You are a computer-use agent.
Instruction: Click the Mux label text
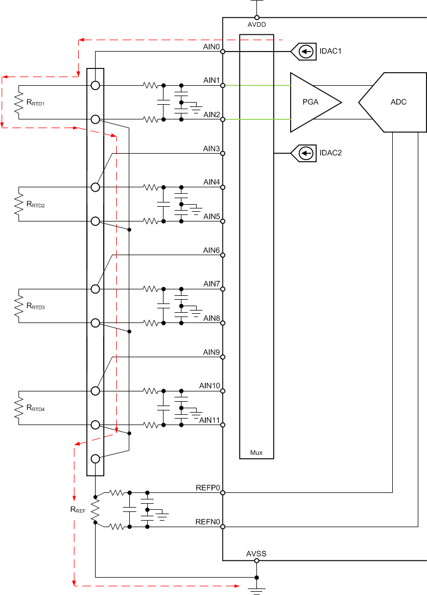pyautogui.click(x=256, y=452)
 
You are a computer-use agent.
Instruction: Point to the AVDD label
pyautogui.click(x=257, y=24)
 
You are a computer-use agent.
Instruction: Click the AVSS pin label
pyautogui.click(x=256, y=554)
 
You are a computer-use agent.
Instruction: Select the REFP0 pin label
pyautogui.click(x=208, y=488)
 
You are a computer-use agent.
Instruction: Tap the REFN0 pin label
pyautogui.click(x=208, y=522)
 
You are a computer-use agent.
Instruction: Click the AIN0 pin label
pyautogui.click(x=211, y=47)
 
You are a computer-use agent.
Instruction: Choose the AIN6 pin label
pyautogui.click(x=211, y=250)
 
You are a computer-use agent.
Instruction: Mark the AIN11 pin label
pyautogui.click(x=210, y=420)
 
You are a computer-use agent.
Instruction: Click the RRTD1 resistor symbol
pyautogui.click(x=19, y=102)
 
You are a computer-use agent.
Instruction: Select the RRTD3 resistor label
pyautogui.click(x=36, y=306)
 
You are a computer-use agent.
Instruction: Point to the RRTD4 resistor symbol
pyautogui.click(x=19, y=407)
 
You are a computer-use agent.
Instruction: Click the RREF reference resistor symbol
pyautogui.click(x=95, y=510)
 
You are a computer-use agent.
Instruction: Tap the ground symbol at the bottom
pyautogui.click(x=256, y=588)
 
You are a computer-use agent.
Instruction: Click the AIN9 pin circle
pyautogui.click(x=223, y=357)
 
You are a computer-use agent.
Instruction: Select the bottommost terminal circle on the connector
pyautogui.click(x=95, y=459)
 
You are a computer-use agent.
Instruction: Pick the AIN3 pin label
pyautogui.click(x=211, y=149)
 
